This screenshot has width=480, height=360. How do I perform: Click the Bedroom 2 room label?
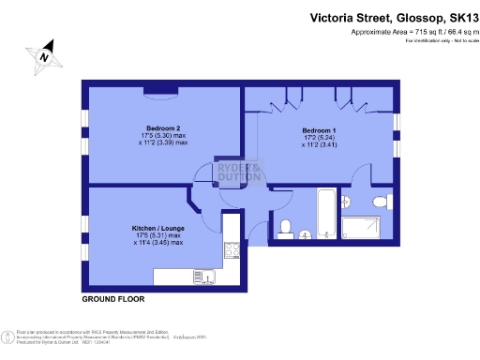coord(163,127)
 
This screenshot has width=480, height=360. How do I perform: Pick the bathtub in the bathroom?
coord(325,214)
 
